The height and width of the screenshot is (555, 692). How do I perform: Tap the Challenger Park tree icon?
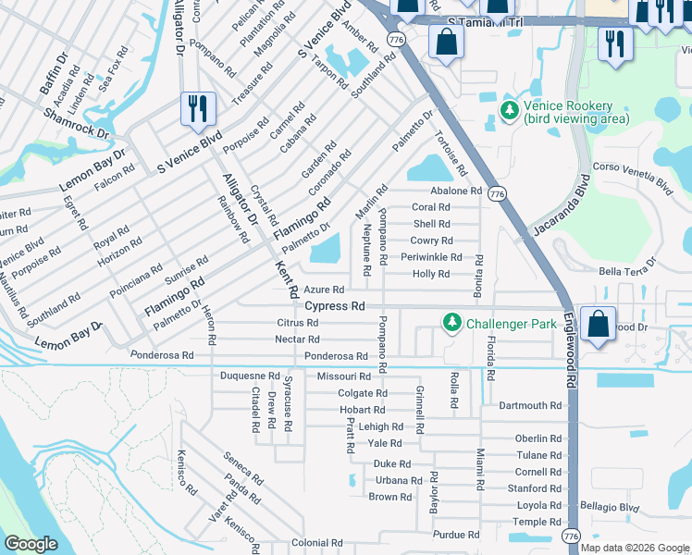pos(451,323)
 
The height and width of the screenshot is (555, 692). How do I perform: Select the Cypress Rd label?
pos(335,305)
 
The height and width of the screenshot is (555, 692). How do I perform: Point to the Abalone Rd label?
pos(456,191)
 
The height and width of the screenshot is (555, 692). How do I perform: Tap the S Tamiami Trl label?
pos(485,21)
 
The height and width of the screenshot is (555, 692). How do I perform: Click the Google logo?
pos(31,544)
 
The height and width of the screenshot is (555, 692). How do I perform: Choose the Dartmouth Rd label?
pos(530,405)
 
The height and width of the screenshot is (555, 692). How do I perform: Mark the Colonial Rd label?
pos(317,543)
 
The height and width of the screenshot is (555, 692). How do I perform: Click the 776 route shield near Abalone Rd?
pos(498,194)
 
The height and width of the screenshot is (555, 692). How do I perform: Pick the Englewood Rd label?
pos(572,353)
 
